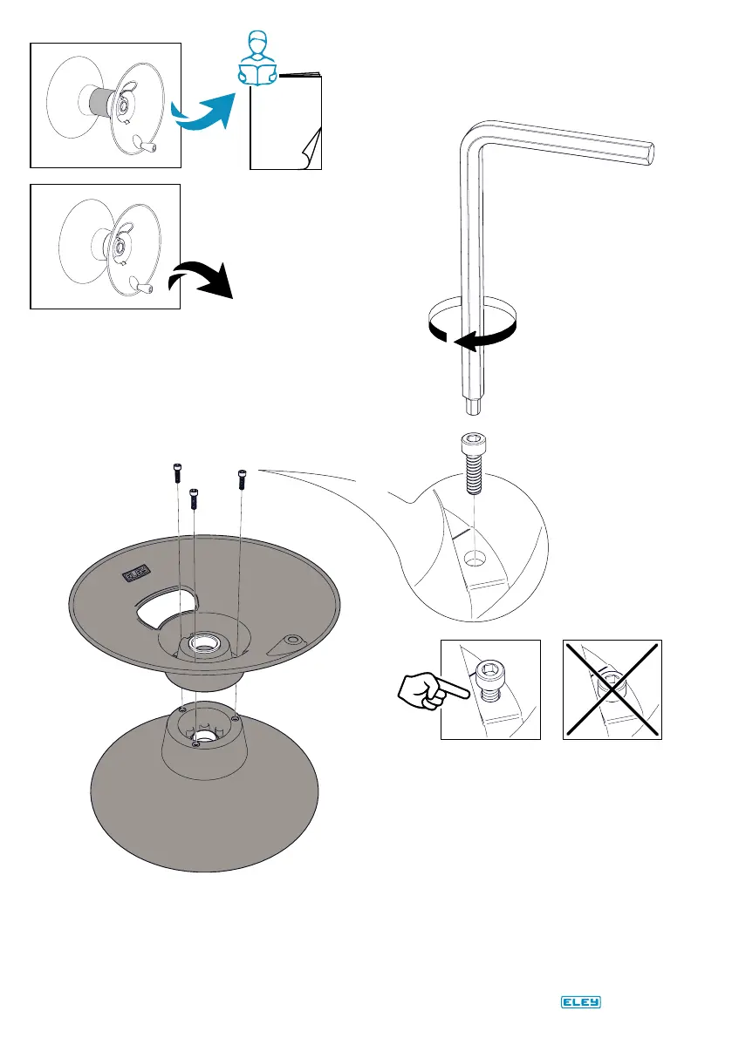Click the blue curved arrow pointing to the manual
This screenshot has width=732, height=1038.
pyautogui.click(x=202, y=109)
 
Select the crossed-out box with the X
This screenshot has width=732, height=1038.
pyautogui.click(x=611, y=689)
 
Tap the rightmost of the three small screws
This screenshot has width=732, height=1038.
pyautogui.click(x=243, y=478)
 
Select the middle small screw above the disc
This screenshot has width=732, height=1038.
pyautogui.click(x=195, y=496)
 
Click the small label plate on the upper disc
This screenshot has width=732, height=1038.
pyautogui.click(x=134, y=574)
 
